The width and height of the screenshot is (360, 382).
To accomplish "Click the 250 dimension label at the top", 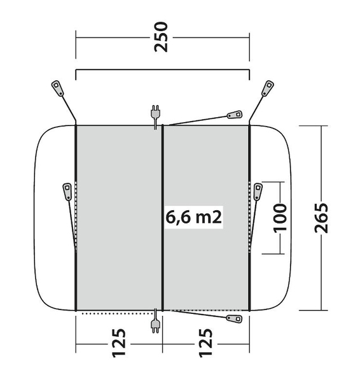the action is pyautogui.click(x=161, y=37).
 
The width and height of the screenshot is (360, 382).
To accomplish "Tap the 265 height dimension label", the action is pyautogui.click(x=321, y=218).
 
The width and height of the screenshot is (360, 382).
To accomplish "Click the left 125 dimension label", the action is pyautogui.click(x=119, y=343).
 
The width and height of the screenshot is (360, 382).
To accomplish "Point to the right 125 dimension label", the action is pyautogui.click(x=206, y=343).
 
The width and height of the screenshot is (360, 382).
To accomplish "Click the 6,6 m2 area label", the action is pyautogui.click(x=194, y=217).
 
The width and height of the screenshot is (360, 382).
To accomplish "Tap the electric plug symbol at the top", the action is pyautogui.click(x=155, y=117).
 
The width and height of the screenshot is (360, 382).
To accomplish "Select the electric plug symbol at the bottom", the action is pyautogui.click(x=155, y=321).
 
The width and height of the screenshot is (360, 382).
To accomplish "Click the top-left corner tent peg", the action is pyautogui.click(x=58, y=88).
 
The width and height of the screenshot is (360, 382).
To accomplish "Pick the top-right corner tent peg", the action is pyautogui.click(x=268, y=88).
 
